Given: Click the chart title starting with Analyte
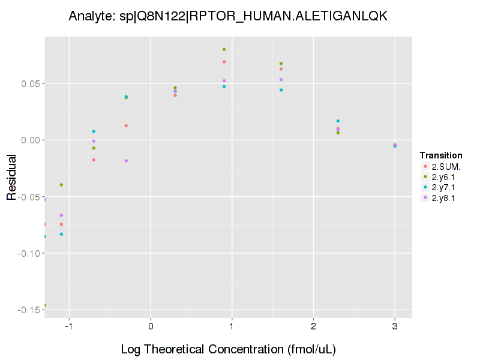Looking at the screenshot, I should [228, 16].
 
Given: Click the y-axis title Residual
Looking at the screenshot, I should [11, 176].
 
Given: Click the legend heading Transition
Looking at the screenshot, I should [440, 155].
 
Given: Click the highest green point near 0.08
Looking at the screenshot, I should [224, 49].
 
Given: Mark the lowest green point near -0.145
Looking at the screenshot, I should [45, 305].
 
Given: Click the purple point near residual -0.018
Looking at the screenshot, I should [126, 161].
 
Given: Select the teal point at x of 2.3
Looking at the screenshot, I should [338, 121].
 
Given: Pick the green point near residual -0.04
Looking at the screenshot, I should [61, 185].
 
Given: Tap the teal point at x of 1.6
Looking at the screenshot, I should [281, 90].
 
